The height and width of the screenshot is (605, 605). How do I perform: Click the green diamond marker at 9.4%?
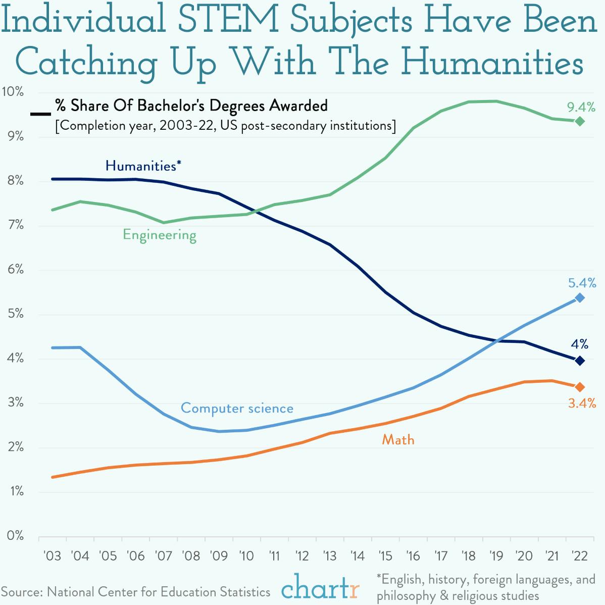coord(580,121)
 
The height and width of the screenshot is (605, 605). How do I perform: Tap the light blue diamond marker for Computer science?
coord(580,298)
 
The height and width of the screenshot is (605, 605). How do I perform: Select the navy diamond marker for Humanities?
coord(580,361)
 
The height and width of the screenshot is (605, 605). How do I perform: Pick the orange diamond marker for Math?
coord(580,387)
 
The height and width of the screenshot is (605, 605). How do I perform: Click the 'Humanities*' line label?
coord(143,166)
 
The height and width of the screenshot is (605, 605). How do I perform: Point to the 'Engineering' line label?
coord(160,235)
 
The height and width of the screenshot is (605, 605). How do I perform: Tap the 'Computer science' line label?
coord(237,408)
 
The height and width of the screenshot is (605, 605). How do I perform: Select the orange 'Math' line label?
coord(398,440)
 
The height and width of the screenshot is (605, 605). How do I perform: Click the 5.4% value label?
coord(582,283)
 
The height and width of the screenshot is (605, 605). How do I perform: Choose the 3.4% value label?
coord(582,403)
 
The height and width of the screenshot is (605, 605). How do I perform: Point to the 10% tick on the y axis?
coord(13,92)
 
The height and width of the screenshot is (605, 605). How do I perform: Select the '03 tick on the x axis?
coord(52,556)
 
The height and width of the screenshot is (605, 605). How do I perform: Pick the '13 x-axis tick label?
coord(329,556)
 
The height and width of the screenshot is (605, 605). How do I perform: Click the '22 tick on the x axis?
coord(579,556)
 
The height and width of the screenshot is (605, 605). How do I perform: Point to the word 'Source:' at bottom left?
coord(22,592)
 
